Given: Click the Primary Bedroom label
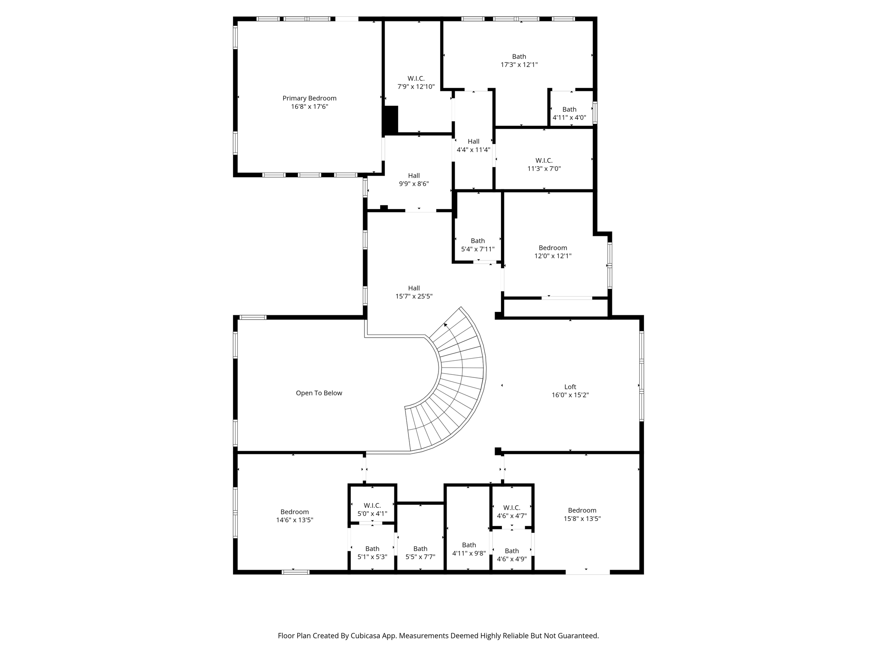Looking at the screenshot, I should tap(309, 99).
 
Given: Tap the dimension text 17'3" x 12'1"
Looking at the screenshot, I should tap(519, 65).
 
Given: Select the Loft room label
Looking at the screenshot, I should tap(570, 387).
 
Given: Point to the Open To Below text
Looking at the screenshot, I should tap(319, 393).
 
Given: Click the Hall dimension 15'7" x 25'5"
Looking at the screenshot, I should tap(414, 296).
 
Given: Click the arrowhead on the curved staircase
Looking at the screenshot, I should tap(446, 325).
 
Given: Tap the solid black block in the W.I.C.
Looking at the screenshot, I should tap(391, 120).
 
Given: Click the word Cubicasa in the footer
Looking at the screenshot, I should tap(367, 636).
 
